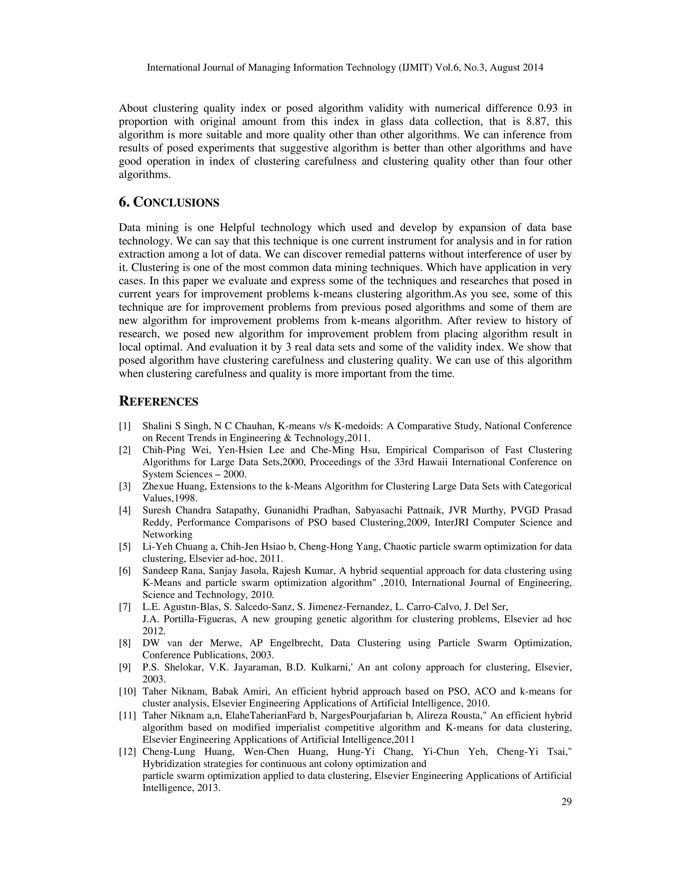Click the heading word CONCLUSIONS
tap(176, 202)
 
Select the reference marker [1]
tap(125, 426)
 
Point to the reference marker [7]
tap(125, 607)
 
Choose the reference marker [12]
tap(127, 752)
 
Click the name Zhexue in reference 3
tap(156, 486)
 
